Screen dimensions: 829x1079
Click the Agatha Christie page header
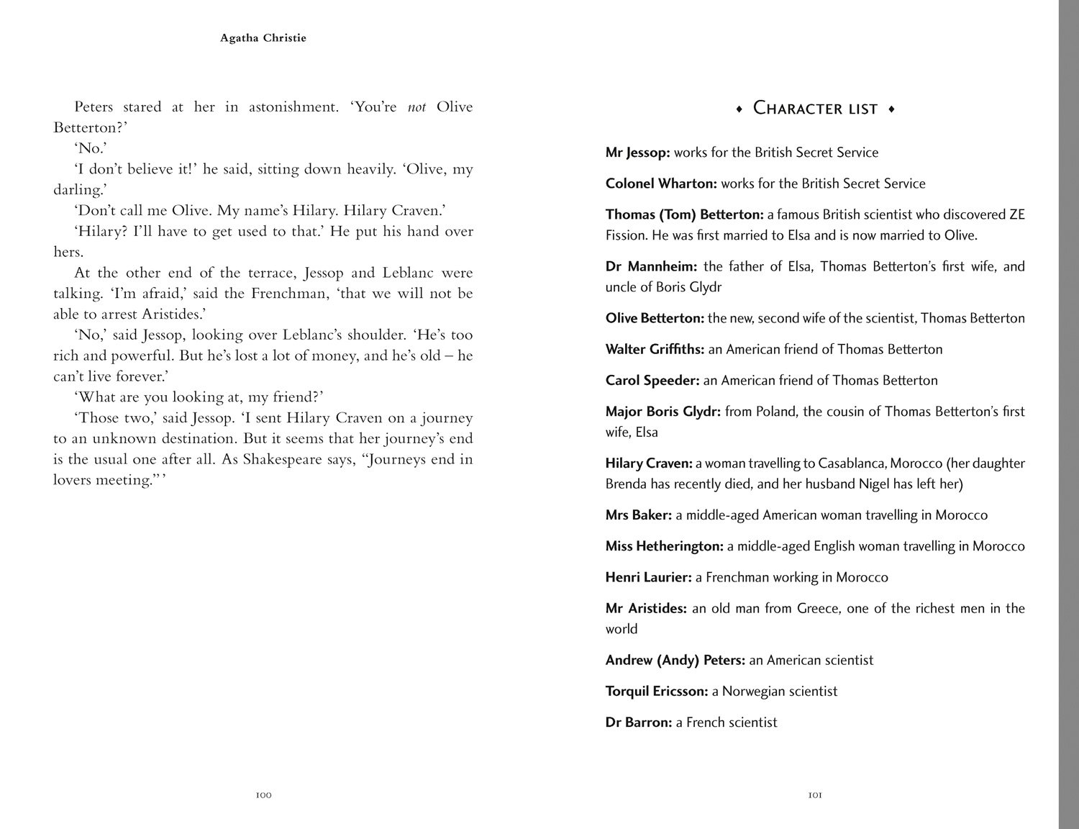(x=263, y=38)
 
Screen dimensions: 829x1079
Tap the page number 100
(x=263, y=795)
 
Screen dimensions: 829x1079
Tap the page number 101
(x=815, y=795)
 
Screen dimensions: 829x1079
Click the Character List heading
(x=815, y=109)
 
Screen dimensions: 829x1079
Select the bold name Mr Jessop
(x=637, y=153)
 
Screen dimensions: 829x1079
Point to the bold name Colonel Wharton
(x=661, y=184)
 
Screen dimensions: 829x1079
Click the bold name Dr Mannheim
(x=651, y=266)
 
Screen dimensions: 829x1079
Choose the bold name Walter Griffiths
(x=655, y=349)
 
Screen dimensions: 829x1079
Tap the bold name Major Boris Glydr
(x=663, y=412)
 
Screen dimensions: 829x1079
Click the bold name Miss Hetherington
(x=664, y=546)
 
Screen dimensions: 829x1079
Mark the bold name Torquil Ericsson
(x=657, y=691)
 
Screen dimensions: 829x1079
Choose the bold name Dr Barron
(x=638, y=722)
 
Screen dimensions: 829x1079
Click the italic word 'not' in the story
(x=416, y=107)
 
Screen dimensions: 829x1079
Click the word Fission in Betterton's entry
(x=626, y=235)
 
